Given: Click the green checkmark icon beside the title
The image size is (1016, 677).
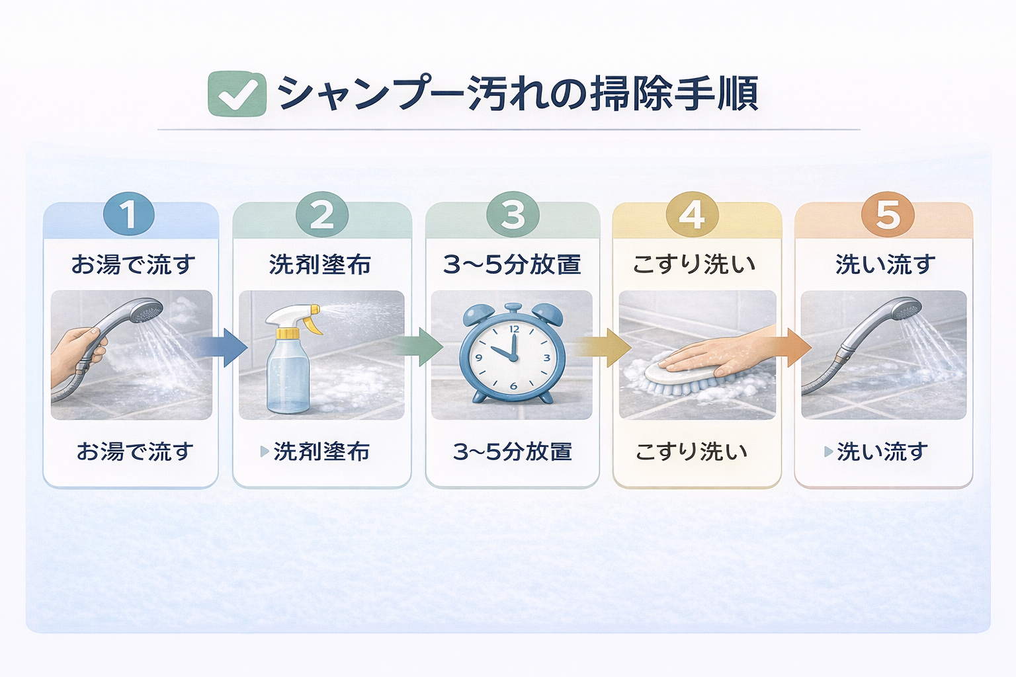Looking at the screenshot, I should [237, 94].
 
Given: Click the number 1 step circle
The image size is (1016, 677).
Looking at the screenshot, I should [129, 214].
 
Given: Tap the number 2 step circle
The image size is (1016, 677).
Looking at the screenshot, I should [322, 214].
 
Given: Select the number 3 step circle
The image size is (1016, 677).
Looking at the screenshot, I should [513, 214].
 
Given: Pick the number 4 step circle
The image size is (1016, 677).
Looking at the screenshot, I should [692, 214].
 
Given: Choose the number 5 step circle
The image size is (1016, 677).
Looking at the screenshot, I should [888, 214].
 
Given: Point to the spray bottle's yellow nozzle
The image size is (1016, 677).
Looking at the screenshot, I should [311, 316].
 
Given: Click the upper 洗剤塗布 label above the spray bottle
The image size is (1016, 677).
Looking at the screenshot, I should [320, 264].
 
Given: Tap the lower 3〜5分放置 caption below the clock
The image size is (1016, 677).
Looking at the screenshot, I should [513, 452].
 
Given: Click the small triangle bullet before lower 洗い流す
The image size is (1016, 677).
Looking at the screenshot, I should [828, 452].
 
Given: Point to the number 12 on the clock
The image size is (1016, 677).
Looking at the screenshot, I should [514, 329].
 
